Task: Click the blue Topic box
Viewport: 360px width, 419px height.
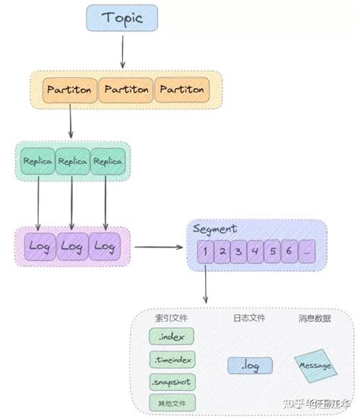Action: point(122,17)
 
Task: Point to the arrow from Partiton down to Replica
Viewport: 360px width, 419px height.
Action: point(71,121)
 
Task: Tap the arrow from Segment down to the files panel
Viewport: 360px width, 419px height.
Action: point(206,288)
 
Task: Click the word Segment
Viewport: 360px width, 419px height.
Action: point(216,228)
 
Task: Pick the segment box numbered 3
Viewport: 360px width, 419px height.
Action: point(238,251)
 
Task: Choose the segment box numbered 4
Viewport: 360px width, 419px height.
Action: point(256,251)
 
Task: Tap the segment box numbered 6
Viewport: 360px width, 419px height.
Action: point(290,251)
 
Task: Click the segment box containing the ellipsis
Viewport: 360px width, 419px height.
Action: point(308,251)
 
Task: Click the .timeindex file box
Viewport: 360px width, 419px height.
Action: point(172,358)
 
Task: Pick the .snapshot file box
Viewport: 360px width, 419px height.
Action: point(172,380)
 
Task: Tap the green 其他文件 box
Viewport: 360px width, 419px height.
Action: point(172,402)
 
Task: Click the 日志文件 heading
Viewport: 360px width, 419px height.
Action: point(248,318)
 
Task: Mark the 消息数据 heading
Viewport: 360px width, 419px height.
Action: point(314,318)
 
